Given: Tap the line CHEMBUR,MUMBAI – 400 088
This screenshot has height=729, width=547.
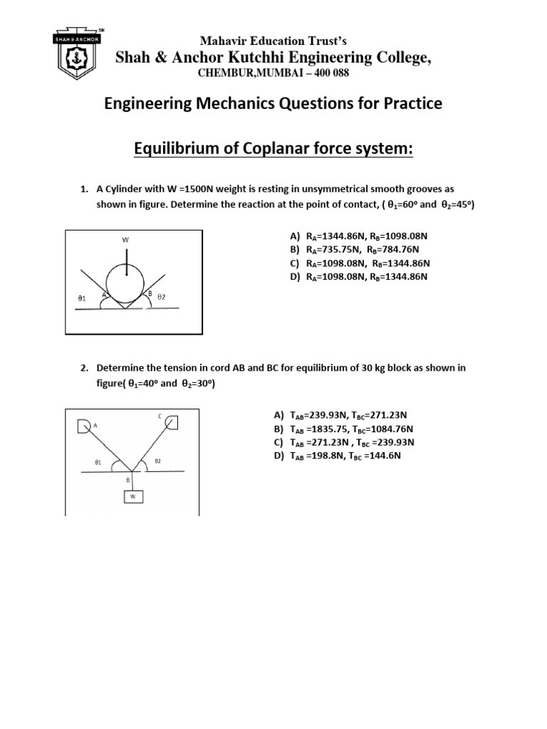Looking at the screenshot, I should pos(273,75).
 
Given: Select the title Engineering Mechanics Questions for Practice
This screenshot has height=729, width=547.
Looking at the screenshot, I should pos(273,104).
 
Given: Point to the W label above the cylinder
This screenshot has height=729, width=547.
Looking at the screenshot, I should pos(126,240).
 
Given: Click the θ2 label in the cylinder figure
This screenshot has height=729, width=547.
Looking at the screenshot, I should pos(162,296).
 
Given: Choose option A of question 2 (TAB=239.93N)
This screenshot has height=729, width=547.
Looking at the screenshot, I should pos(345,415).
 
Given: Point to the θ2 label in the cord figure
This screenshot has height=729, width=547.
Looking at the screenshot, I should pos(157,461).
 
